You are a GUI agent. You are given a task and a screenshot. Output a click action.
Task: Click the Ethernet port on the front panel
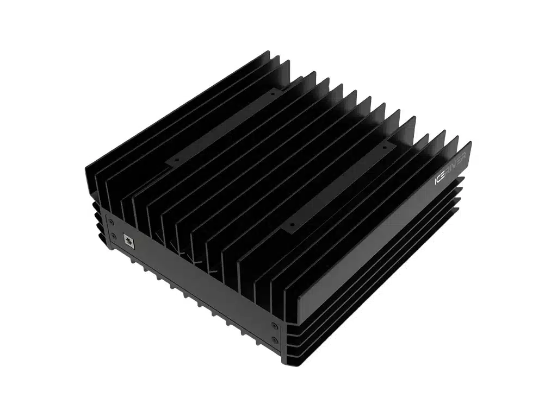point(128,241)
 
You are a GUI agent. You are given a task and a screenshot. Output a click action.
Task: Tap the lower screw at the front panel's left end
point(114,236)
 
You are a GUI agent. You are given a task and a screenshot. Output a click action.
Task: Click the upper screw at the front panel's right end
point(273,325)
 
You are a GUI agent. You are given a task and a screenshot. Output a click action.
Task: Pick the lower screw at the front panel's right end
point(275,340)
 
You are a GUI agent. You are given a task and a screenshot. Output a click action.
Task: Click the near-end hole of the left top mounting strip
point(177,160)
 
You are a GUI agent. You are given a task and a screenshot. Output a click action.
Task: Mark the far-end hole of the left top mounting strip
point(273,94)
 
